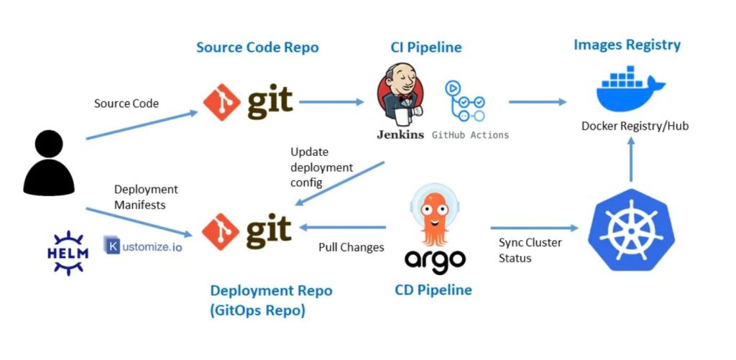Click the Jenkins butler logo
point(400,96)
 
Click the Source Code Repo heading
point(257,47)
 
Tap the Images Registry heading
point(627,45)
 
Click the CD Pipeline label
point(433,290)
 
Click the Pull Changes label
point(351,248)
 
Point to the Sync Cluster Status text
point(530,250)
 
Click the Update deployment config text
point(321,167)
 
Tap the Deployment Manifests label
point(146,197)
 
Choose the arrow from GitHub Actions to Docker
point(538,102)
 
